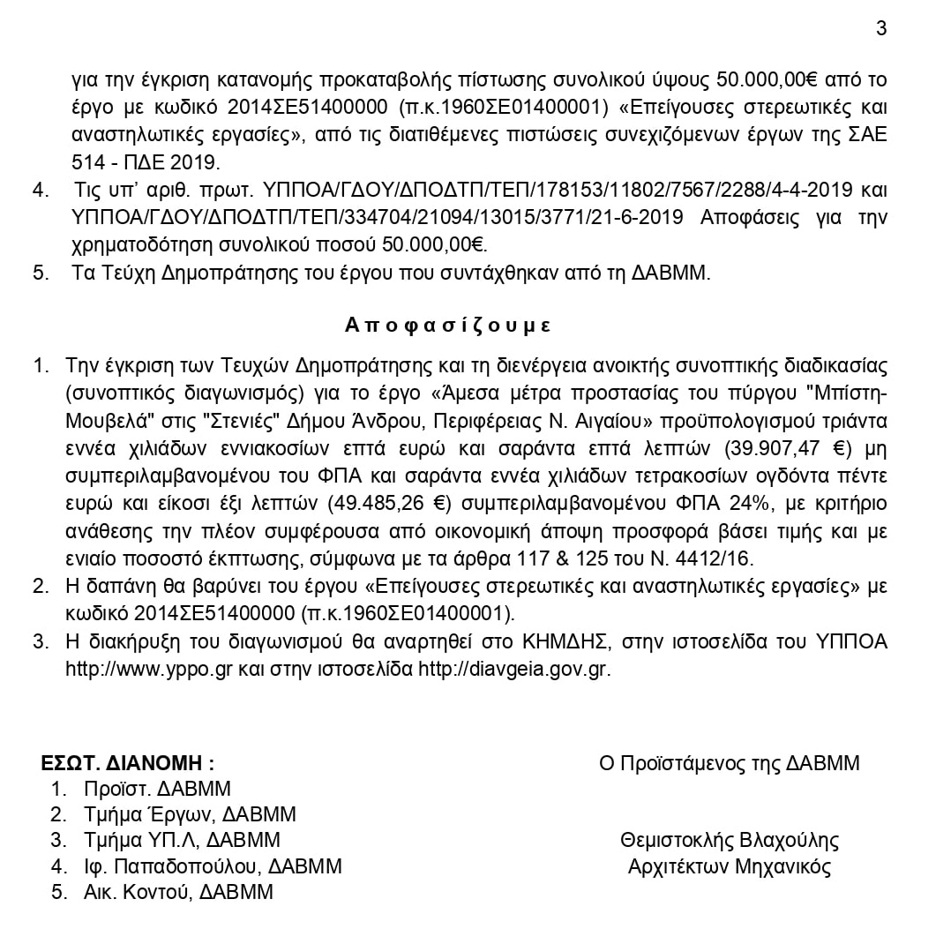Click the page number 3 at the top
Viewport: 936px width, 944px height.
[881, 28]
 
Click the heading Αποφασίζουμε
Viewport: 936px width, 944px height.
[448, 325]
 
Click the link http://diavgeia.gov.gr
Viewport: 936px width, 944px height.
[514, 669]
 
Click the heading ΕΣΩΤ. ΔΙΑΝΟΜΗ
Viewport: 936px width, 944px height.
[128, 763]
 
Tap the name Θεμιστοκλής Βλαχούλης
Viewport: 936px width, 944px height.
[730, 840]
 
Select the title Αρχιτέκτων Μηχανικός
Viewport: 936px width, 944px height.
[730, 866]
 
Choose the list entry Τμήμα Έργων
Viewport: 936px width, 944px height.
[147, 814]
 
